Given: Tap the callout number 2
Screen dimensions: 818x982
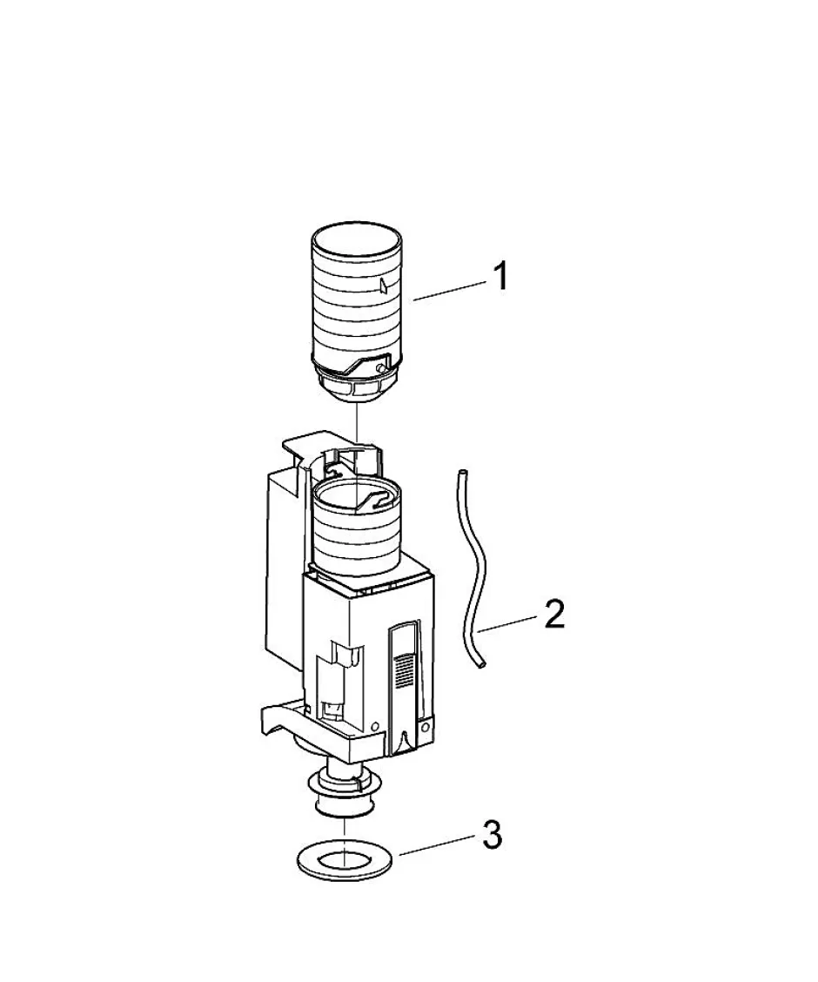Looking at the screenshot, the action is pyautogui.click(x=553, y=615).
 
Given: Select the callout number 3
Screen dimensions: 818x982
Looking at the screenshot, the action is pyautogui.click(x=493, y=835).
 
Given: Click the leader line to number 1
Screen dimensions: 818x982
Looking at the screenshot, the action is pyautogui.click(x=449, y=292).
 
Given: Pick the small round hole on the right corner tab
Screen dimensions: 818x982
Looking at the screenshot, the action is pyautogui.click(x=426, y=726).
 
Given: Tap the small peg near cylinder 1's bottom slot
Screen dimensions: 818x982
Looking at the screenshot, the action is pyautogui.click(x=380, y=367).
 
